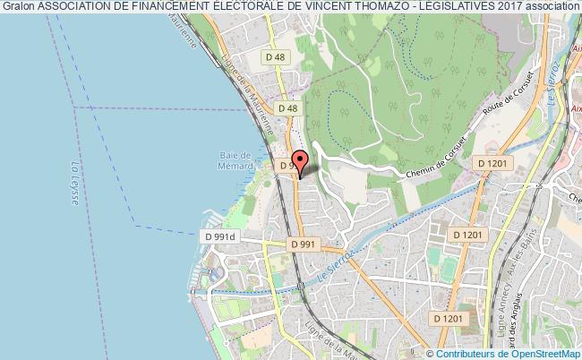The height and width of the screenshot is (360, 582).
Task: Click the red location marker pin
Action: click(300, 162)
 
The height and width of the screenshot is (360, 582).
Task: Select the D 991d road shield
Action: click(219, 236)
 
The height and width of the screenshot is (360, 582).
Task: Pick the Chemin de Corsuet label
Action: click(436, 159)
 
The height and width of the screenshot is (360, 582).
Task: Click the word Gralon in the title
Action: click(17, 6)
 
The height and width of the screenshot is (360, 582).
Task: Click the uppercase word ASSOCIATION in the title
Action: click(74, 6)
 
